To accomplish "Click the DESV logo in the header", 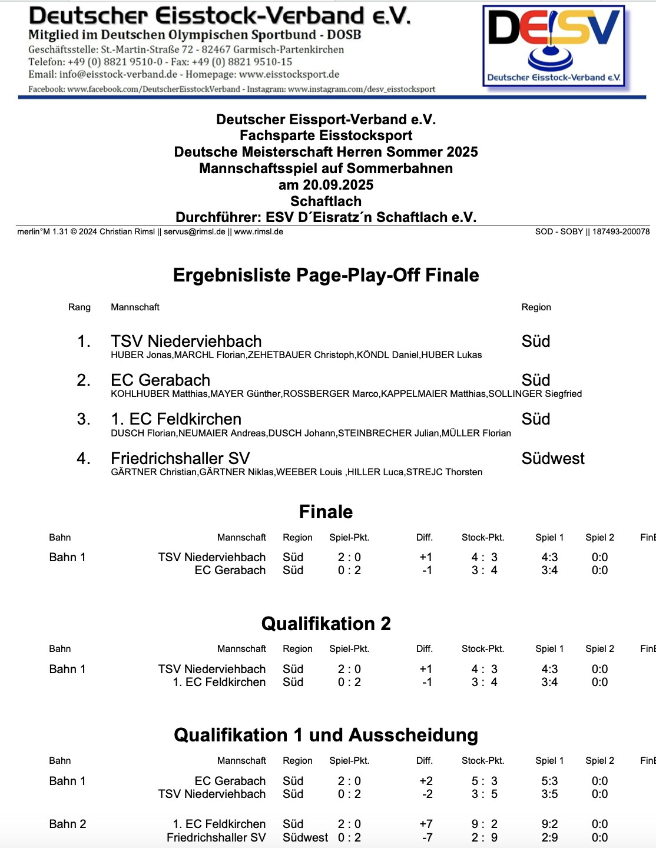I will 553,47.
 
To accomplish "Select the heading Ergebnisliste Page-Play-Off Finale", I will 326,275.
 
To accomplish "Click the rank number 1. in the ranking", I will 84,342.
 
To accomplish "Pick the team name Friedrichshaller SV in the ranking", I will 180,458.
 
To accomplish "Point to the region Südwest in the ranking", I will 552,458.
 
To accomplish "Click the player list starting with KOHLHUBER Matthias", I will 346,394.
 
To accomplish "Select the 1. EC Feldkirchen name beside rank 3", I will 176,419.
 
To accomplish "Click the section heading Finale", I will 326,512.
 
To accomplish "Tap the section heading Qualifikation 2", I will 326,624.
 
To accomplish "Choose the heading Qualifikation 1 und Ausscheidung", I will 326,736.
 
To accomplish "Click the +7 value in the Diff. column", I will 426,824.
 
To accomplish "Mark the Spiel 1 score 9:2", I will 549,824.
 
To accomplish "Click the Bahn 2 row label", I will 68,824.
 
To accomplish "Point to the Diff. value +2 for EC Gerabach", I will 426,781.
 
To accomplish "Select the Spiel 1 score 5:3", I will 549,781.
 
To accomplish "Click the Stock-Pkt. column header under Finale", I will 483,537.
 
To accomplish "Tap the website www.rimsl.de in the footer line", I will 259,232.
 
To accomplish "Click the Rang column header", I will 79,307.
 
